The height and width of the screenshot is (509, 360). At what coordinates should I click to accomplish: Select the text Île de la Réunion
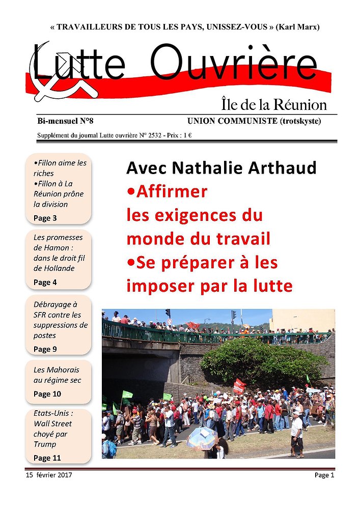pos(274,105)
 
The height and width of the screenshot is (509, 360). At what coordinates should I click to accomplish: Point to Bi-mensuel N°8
pos(65,121)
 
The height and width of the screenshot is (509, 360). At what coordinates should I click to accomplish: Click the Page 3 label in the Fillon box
pos(45,218)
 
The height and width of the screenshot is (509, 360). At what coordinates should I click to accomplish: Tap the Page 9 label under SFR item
pos(45,349)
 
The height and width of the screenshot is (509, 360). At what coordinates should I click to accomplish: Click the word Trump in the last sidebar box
pos(45,444)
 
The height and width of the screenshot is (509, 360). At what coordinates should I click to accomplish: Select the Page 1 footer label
pos(324,475)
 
